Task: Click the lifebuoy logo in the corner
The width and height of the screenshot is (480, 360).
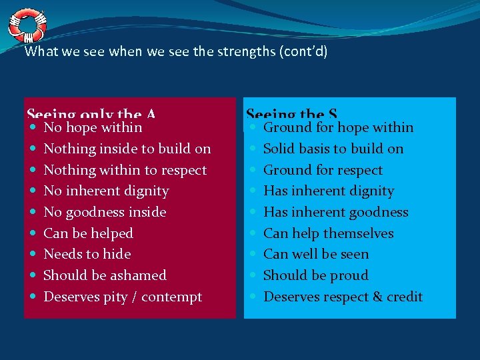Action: click(27, 24)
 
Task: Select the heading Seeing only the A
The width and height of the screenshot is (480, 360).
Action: click(91, 115)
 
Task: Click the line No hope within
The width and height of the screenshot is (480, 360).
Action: click(93, 127)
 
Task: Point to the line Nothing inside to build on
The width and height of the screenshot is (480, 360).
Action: click(127, 149)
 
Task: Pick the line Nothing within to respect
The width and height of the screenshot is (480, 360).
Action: click(125, 170)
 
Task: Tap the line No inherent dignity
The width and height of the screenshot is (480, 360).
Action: click(106, 191)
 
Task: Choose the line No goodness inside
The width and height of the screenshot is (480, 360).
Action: click(105, 212)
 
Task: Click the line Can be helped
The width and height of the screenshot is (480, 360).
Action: click(88, 233)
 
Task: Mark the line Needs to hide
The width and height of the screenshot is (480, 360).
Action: click(87, 254)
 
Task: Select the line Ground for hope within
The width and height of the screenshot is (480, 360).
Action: click(338, 127)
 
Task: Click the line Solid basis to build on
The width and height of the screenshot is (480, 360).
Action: click(333, 149)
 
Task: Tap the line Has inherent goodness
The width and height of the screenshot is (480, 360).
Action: click(336, 212)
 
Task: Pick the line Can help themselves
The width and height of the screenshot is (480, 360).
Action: click(329, 233)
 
